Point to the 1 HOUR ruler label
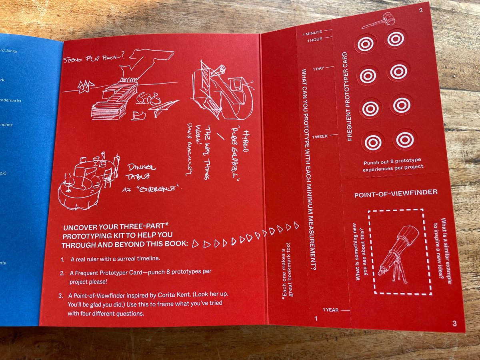coord(314,40)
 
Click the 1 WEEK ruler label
coord(320,136)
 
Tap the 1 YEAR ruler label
coord(330,310)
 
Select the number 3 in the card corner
coord(454,323)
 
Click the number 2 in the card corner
coord(420,10)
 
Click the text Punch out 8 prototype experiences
coord(393,166)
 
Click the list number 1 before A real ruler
coord(63,260)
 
